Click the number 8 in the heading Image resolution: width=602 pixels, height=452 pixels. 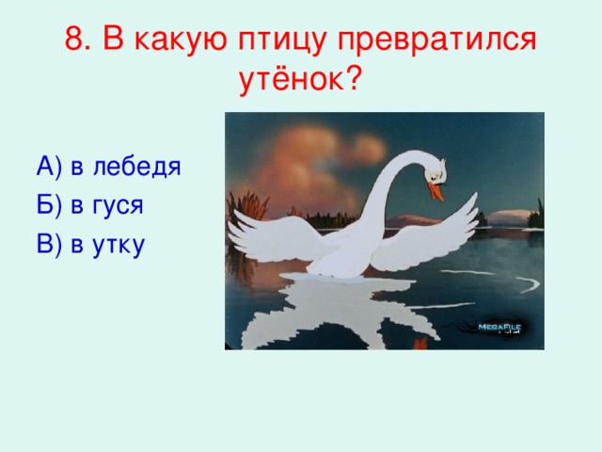click(x=77, y=40)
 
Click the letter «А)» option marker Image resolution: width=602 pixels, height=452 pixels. click(x=49, y=168)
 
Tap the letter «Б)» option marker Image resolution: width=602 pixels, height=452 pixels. click(x=49, y=206)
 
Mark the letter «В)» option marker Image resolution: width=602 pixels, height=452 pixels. click(x=49, y=245)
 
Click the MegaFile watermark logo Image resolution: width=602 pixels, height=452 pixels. click(x=499, y=327)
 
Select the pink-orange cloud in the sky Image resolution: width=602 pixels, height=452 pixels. click(x=310, y=160)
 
